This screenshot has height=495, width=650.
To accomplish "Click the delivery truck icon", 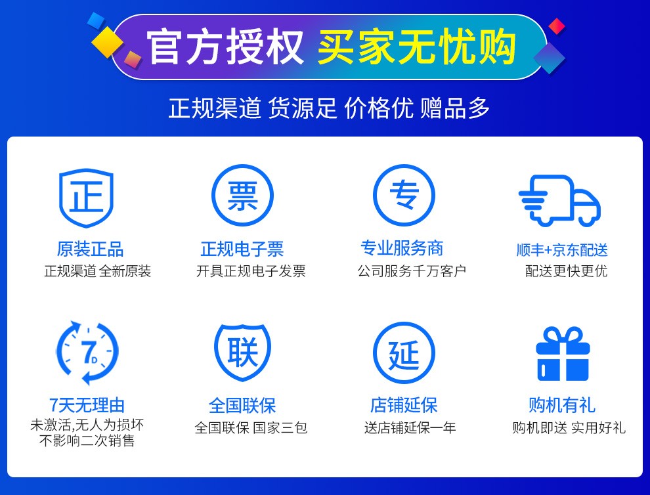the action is pyautogui.click(x=559, y=201).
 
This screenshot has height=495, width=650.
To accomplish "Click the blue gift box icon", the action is pyautogui.click(x=563, y=354).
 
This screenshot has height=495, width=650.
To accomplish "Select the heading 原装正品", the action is pyautogui.click(x=90, y=249).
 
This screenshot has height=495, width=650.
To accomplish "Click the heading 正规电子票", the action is pyautogui.click(x=242, y=249).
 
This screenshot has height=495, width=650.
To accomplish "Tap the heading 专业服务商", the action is pyautogui.click(x=402, y=249).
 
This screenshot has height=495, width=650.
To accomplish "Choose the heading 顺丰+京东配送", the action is pyautogui.click(x=562, y=250).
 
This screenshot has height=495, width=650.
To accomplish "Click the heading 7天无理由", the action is pyautogui.click(x=87, y=405).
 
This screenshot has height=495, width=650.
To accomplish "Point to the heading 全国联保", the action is pyautogui.click(x=242, y=406).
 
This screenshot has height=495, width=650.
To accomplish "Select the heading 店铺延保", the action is pyautogui.click(x=404, y=405).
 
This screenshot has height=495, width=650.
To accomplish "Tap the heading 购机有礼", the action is pyautogui.click(x=562, y=405).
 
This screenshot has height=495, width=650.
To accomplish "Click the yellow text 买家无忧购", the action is pyautogui.click(x=417, y=47).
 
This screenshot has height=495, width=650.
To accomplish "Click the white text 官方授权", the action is pyautogui.click(x=225, y=47).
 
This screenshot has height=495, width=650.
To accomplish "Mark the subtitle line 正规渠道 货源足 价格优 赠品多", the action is pyautogui.click(x=329, y=108).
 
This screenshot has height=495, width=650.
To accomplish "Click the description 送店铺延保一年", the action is pyautogui.click(x=410, y=428).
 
